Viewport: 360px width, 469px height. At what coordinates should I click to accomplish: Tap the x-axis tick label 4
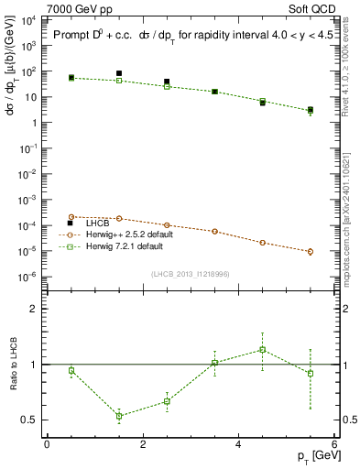[238, 444]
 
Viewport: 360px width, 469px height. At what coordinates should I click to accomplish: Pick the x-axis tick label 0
[47, 444]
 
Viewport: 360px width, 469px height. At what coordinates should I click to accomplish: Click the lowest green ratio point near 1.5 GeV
[119, 416]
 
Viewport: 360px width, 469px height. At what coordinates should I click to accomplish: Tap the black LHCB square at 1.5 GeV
[119, 73]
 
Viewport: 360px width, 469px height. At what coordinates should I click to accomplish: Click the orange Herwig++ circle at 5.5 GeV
[311, 251]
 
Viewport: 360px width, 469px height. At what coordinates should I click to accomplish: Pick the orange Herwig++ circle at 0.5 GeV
[71, 217]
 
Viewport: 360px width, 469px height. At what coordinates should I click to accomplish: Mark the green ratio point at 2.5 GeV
[167, 401]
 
